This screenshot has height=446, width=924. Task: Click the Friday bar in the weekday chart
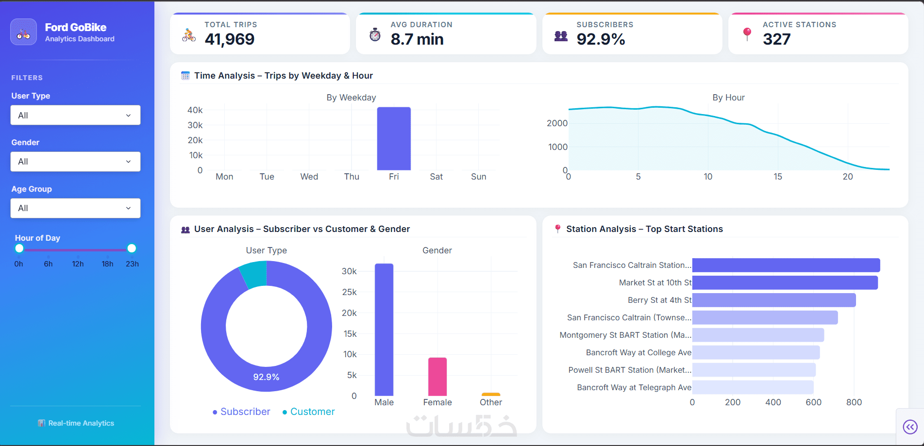tap(394, 139)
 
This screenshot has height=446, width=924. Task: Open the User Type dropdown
tap(75, 115)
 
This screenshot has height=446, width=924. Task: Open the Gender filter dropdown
tap(75, 162)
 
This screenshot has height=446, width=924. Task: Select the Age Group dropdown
tap(75, 208)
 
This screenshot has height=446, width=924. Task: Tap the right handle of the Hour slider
tap(132, 248)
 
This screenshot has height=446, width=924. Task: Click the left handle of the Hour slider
tap(19, 248)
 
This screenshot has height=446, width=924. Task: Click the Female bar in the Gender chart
tap(437, 377)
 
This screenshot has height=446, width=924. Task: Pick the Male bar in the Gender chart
tap(384, 330)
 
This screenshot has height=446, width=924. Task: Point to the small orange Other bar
tap(491, 394)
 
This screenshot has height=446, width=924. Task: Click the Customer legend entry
tap(309, 412)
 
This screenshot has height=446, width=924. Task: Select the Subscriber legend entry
tap(241, 412)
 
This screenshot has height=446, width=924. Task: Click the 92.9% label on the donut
tap(266, 377)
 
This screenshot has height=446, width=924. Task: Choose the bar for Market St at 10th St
tap(785, 282)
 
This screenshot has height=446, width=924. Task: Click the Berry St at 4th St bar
tap(774, 300)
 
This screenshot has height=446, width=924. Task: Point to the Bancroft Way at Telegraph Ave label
tap(634, 387)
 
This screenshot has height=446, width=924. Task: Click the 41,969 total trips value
tap(230, 39)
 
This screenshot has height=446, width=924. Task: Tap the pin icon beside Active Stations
tap(747, 34)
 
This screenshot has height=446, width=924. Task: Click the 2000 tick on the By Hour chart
tap(557, 123)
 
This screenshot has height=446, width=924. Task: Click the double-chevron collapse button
tap(910, 427)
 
